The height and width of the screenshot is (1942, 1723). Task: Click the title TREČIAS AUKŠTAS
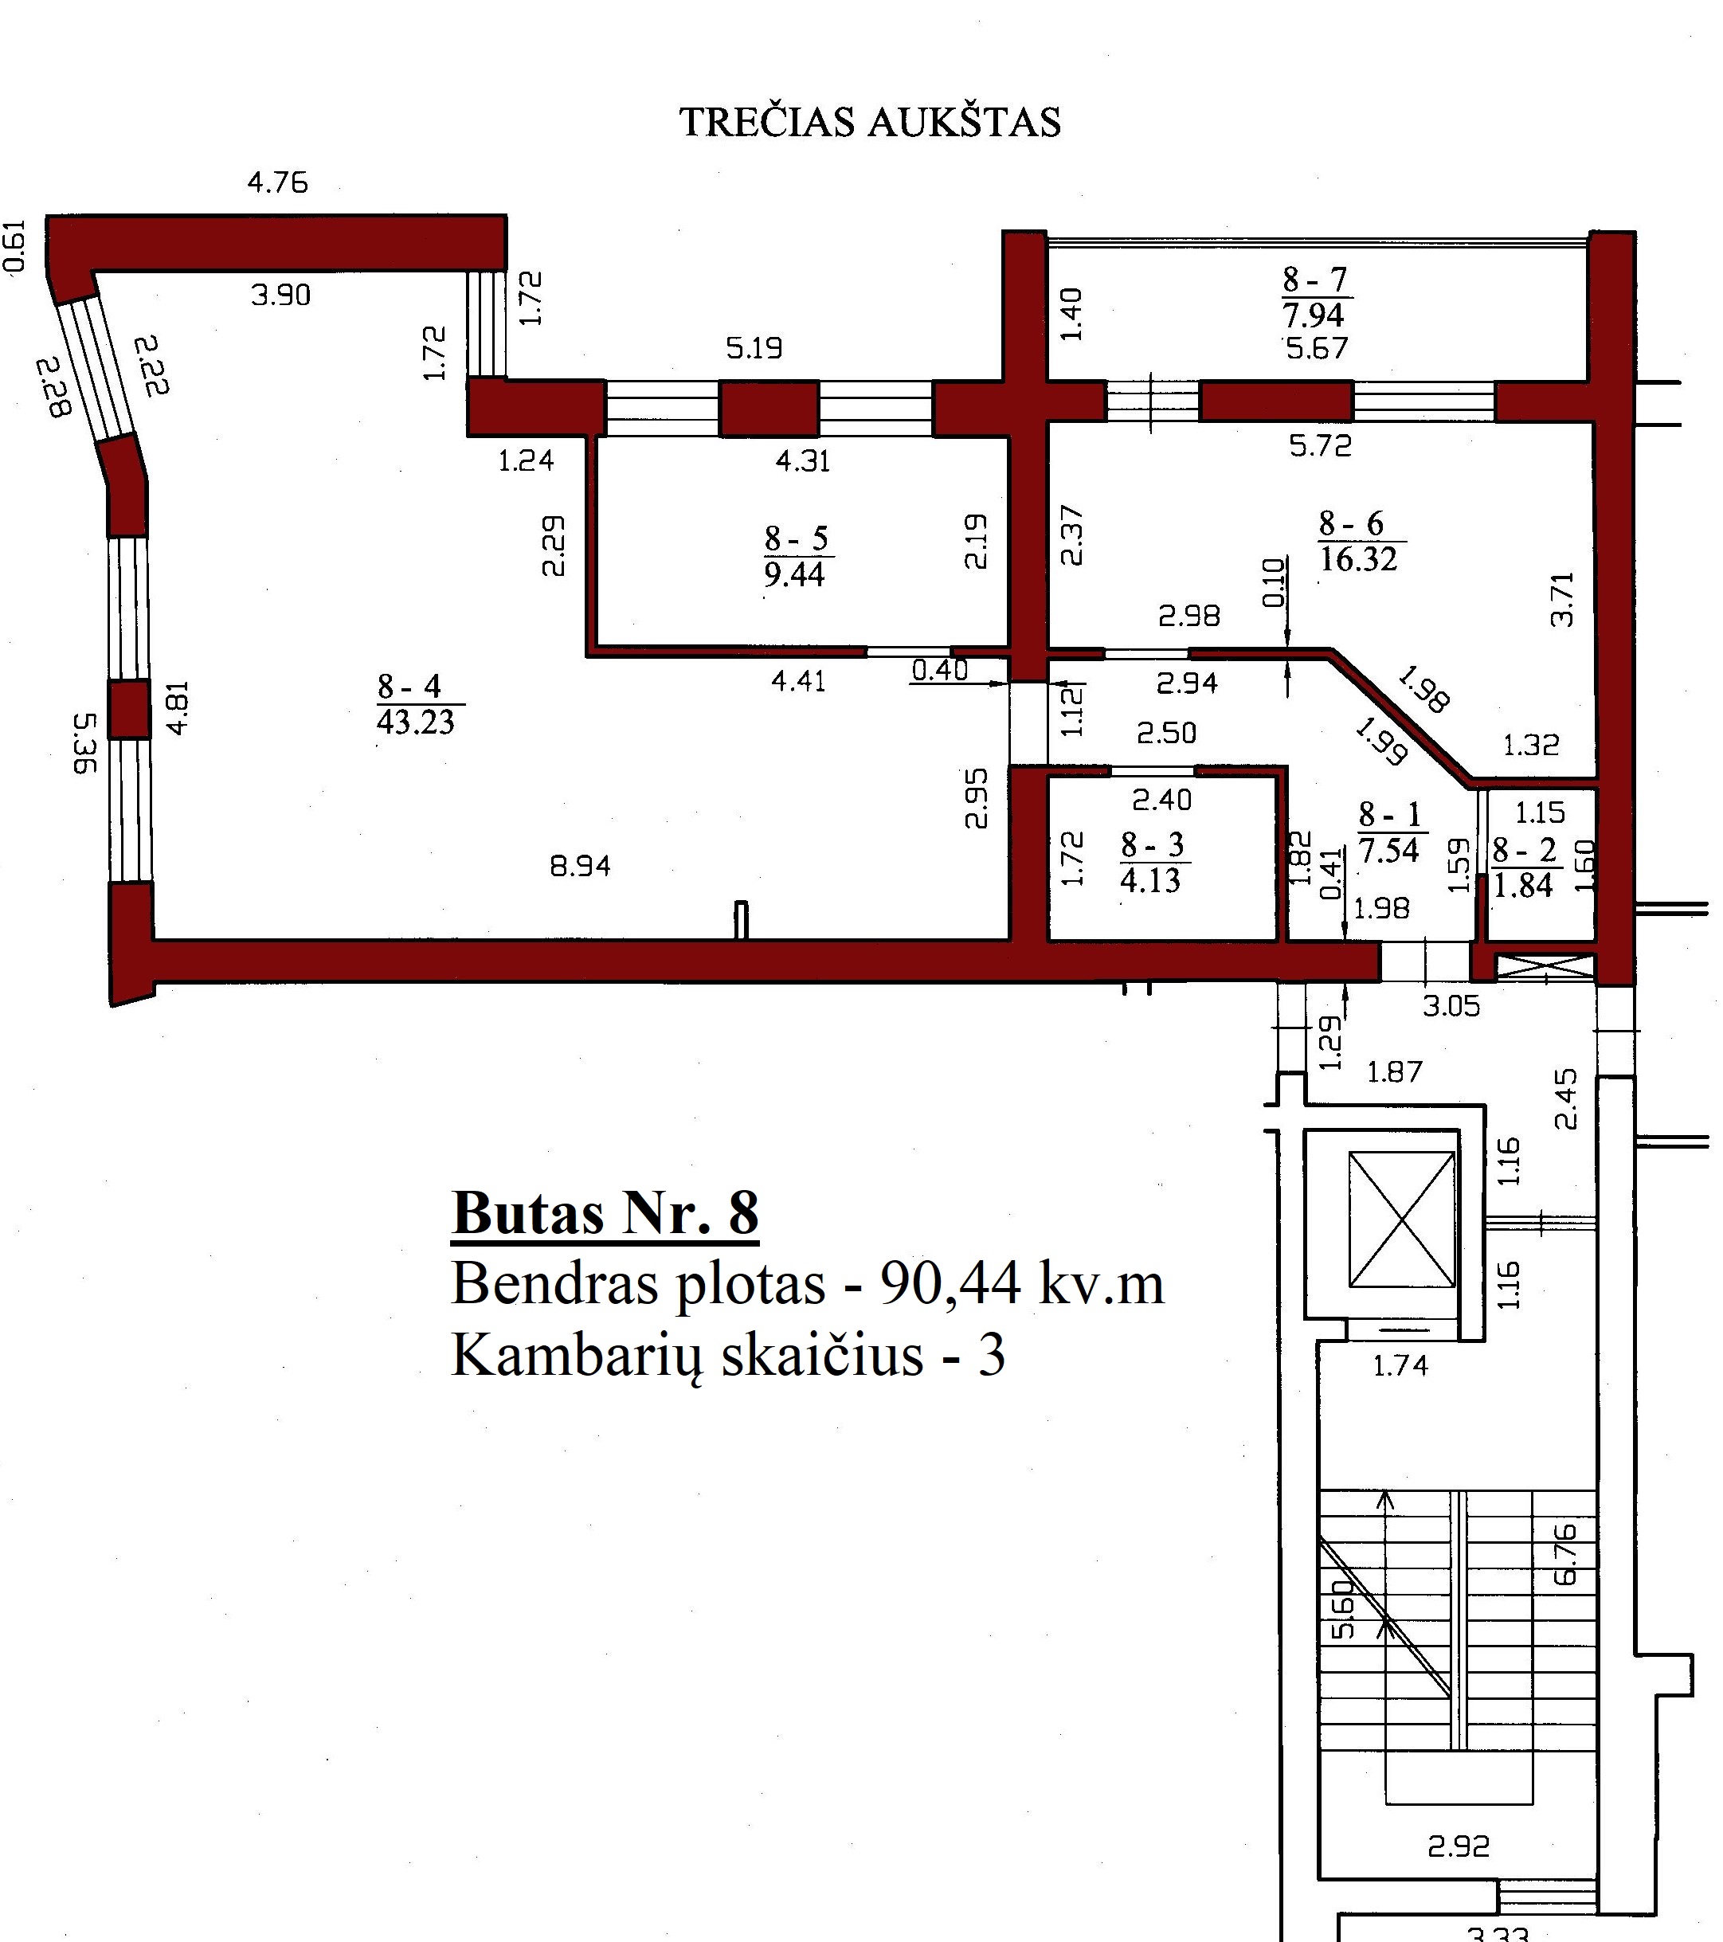870,123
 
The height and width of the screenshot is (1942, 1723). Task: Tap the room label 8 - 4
409,686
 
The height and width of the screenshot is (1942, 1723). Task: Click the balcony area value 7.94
1314,315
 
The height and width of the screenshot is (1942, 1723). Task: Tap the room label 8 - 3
1152,844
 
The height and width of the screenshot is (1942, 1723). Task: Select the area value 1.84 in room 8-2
1522,886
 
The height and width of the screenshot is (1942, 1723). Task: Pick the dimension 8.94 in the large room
580,866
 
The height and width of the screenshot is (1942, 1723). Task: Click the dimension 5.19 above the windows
754,348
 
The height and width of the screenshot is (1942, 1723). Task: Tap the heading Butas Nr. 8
605,1213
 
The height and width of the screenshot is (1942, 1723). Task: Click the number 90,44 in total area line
950,1285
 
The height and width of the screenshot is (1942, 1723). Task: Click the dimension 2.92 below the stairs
1459,1846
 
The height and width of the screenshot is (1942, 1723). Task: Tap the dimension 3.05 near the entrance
1451,1006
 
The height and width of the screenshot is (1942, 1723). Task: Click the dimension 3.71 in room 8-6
1561,600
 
